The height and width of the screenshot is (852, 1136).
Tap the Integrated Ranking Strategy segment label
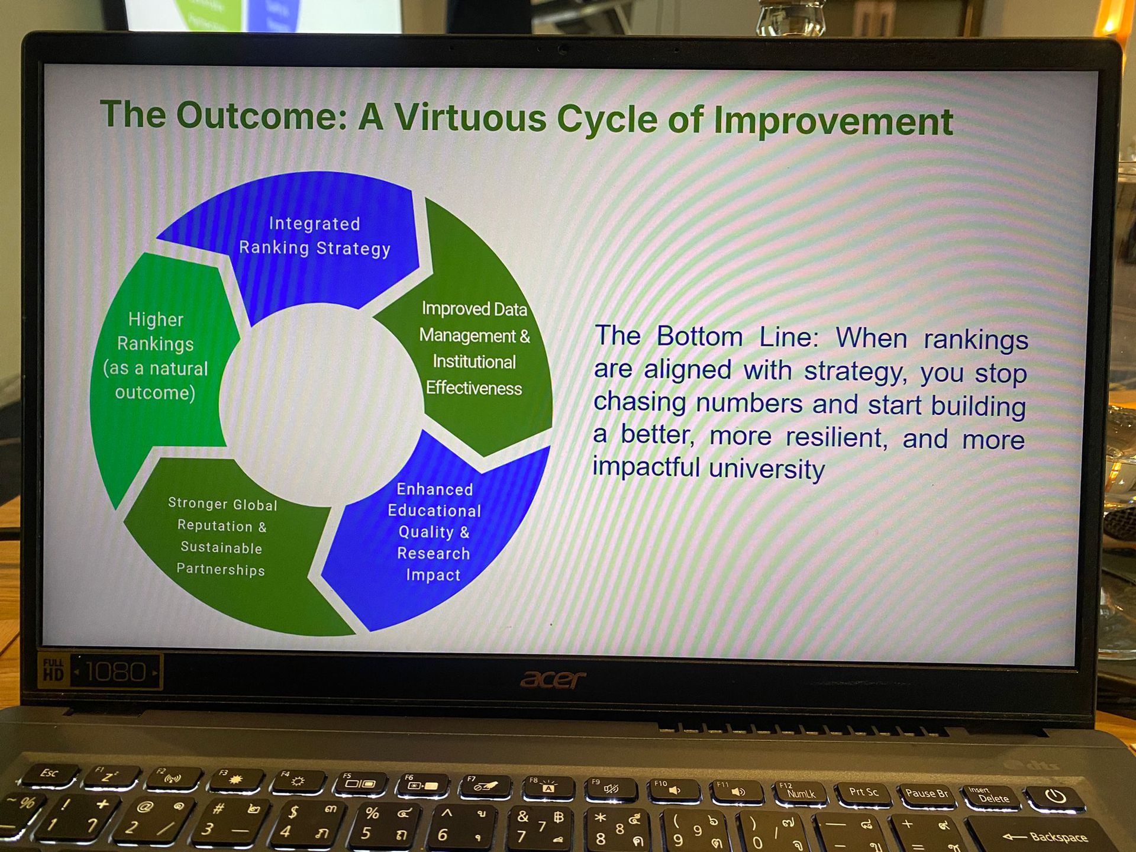(315, 236)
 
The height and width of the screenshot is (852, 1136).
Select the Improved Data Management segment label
(475, 348)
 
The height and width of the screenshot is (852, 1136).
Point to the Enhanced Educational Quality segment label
(434, 532)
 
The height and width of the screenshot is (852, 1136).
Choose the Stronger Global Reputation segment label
(222, 537)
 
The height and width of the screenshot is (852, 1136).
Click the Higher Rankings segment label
(156, 356)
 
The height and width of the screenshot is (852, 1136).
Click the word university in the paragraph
(766, 469)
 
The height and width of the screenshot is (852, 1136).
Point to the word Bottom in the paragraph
(699, 337)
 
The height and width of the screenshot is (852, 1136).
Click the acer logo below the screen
(553, 680)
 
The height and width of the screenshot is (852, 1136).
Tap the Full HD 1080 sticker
(100, 672)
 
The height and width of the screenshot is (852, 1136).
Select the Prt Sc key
(864, 793)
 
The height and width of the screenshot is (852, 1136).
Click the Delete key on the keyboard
(991, 796)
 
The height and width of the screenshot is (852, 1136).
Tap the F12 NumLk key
(800, 792)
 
